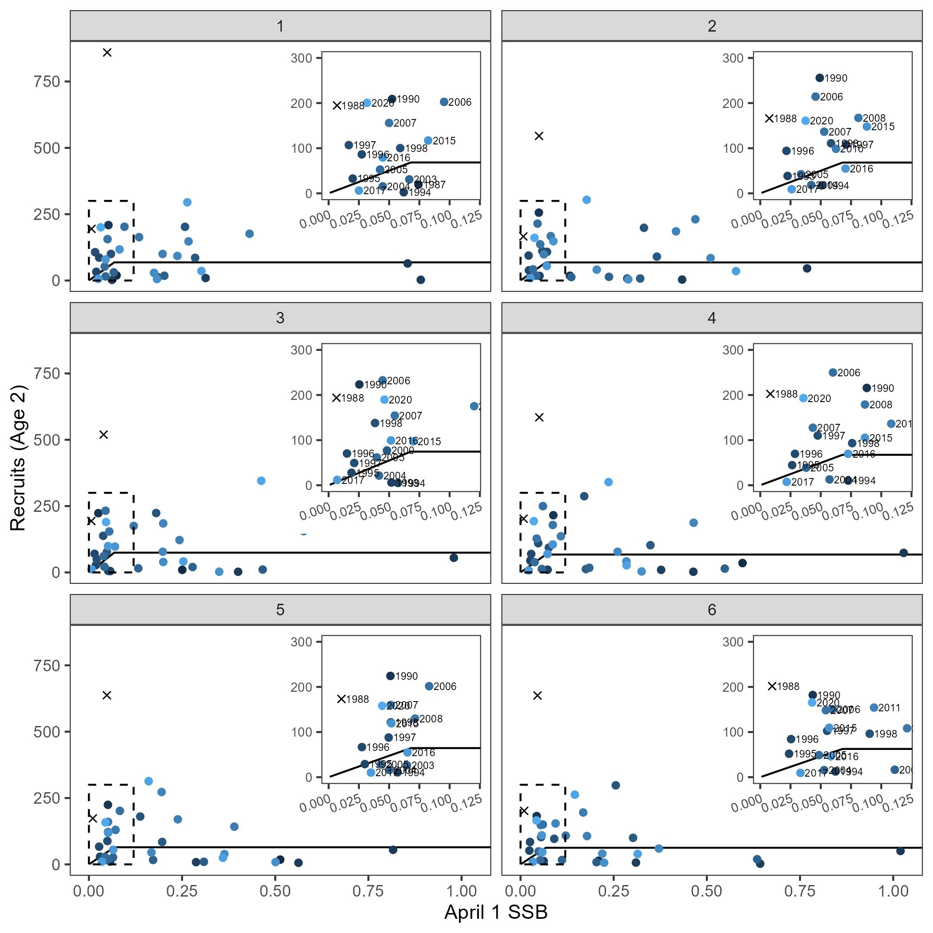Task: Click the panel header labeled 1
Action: point(280,26)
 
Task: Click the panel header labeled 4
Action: point(711,318)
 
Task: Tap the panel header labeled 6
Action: point(711,610)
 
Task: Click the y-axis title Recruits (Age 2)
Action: point(18,458)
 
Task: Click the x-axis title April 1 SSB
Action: point(495,912)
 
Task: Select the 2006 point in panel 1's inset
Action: point(444,102)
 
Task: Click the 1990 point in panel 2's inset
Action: point(820,78)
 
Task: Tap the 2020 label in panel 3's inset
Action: point(400,400)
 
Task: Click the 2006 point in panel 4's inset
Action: point(833,372)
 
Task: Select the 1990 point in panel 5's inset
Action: point(390,676)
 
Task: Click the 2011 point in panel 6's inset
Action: point(873,707)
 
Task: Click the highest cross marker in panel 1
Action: point(107,52)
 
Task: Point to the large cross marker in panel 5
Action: point(107,695)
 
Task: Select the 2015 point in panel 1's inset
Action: point(428,140)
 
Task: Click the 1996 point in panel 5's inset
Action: point(362,746)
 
